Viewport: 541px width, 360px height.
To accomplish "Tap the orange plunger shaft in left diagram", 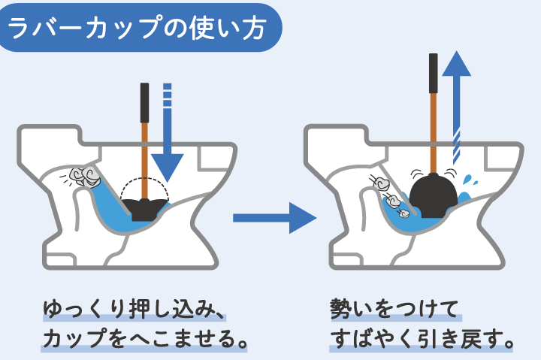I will [x=144, y=158].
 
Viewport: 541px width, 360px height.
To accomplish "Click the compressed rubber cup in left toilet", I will [x=146, y=207].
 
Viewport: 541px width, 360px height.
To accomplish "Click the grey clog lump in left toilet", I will [x=84, y=177].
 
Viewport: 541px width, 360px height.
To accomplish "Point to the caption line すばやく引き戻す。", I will [x=422, y=339].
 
